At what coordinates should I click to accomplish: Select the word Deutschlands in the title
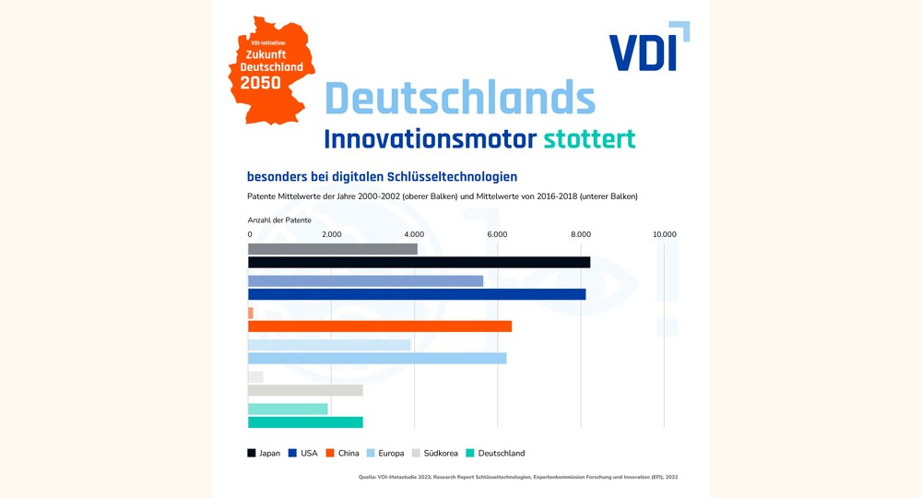click(460, 97)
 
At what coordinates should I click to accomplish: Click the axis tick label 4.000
click(414, 234)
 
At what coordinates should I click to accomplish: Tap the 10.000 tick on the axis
click(663, 234)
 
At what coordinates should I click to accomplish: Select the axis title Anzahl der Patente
click(279, 219)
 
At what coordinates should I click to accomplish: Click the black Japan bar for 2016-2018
click(419, 263)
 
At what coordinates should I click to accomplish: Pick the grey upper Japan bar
click(332, 249)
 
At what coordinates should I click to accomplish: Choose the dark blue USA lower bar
click(417, 294)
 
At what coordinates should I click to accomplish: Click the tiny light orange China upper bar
click(251, 314)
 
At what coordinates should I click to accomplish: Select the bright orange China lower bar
click(380, 326)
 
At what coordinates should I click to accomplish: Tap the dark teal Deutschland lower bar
click(305, 422)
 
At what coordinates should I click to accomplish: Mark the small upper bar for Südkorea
click(255, 377)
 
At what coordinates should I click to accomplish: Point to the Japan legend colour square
click(253, 453)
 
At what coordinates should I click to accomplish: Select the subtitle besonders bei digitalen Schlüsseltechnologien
click(382, 176)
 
